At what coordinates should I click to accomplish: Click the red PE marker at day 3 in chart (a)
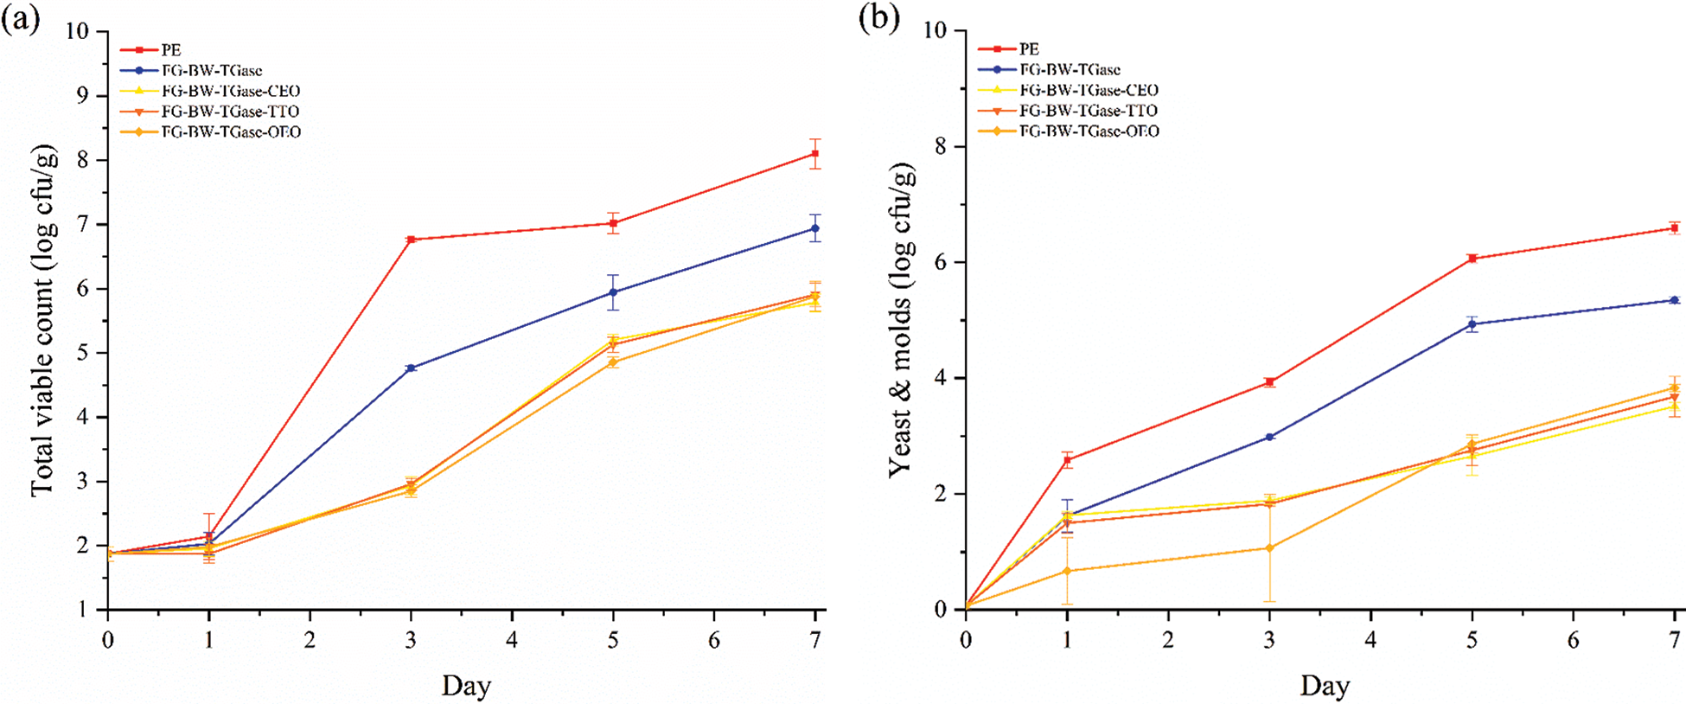pos(411,240)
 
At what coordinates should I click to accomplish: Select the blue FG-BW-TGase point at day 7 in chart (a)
pos(815,228)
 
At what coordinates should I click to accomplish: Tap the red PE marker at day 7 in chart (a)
pos(815,154)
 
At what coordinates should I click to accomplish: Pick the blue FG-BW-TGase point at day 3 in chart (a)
pos(411,368)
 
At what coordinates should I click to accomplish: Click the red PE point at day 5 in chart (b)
pos(1472,259)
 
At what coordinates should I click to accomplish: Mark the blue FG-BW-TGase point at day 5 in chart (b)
pos(1472,324)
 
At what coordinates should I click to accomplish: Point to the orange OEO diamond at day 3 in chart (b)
pos(1269,548)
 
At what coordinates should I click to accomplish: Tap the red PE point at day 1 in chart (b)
pos(1068,460)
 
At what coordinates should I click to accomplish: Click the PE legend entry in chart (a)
pos(170,50)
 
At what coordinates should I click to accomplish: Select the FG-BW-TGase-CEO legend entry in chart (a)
pos(231,91)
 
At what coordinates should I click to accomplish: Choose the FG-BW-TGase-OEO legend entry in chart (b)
pos(1089,131)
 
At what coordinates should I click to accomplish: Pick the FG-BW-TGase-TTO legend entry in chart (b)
pos(1088,111)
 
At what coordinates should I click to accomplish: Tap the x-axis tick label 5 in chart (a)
pos(613,641)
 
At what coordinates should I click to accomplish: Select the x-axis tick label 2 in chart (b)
pos(1168,641)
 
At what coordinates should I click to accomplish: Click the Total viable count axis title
pos(43,320)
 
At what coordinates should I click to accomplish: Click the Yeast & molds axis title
pos(901,320)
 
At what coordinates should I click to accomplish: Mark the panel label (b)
pos(878,18)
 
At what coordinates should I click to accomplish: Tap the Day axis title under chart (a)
pos(466,686)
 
